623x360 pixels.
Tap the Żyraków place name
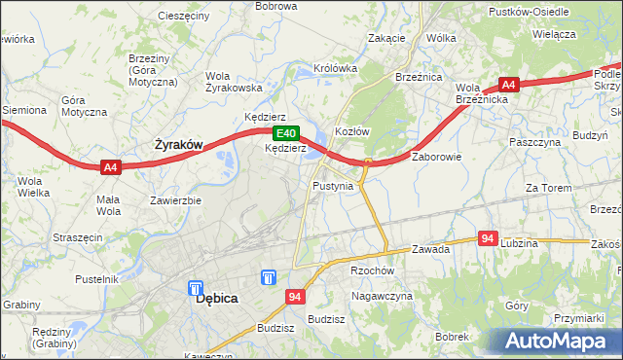[x=179, y=145]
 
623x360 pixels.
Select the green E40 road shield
[x=285, y=133]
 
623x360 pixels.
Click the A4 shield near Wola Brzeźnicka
[x=509, y=85]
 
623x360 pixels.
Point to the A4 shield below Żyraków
[x=111, y=167]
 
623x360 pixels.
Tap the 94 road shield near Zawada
[x=489, y=238]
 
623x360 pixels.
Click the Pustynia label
[x=333, y=185]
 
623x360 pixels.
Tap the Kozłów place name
[x=351, y=131]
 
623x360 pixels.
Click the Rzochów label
[x=372, y=271]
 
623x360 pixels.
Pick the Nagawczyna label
[x=383, y=295]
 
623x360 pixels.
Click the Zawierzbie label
[x=175, y=201]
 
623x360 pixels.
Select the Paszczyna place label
[x=535, y=142]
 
